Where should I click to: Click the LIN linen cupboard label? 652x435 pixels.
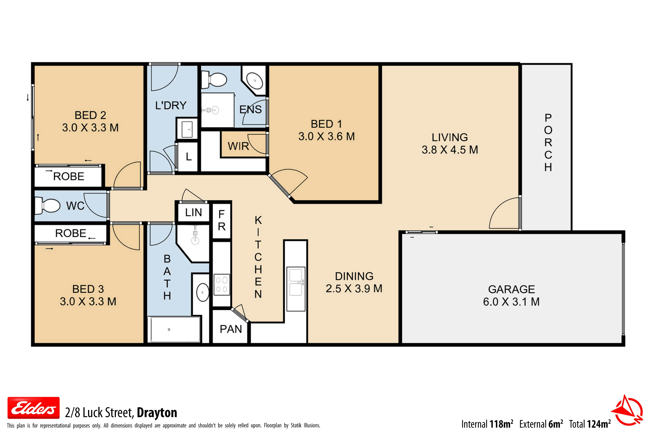tap(193, 213)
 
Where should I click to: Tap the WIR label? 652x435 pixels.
tap(238, 146)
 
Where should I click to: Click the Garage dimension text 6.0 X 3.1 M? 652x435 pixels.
tap(511, 302)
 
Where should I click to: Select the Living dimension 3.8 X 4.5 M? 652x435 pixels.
tap(450, 150)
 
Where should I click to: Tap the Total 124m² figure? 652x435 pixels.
tap(590, 424)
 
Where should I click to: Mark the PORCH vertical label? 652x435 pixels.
tap(548, 143)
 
